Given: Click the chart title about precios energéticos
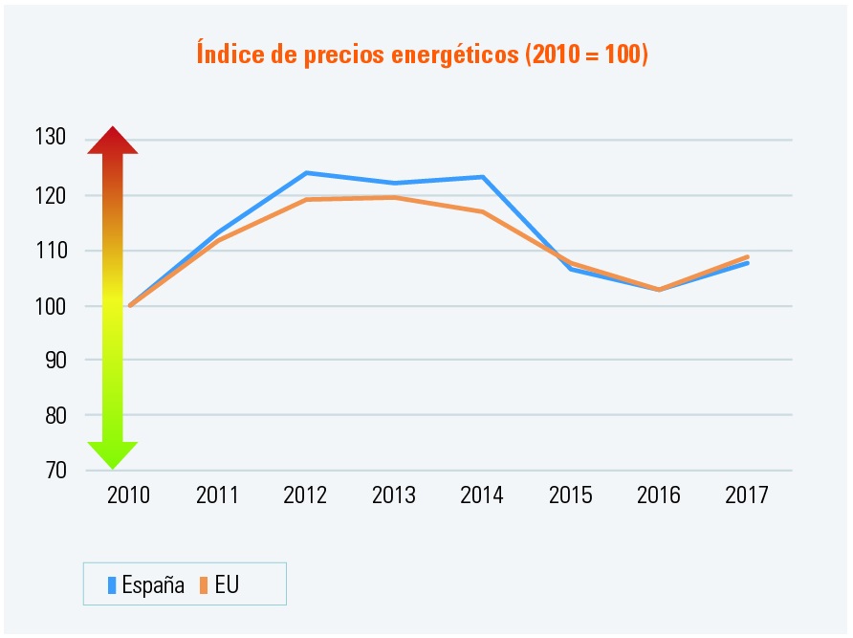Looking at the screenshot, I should click(x=422, y=54).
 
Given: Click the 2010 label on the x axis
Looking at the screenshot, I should click(x=128, y=495).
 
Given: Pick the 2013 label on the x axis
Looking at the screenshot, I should click(x=393, y=495).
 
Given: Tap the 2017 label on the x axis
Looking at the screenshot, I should click(x=747, y=495).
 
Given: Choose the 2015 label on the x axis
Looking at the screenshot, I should click(x=570, y=495).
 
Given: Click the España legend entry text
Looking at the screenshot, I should click(x=153, y=585).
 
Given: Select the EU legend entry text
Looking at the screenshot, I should click(x=227, y=585).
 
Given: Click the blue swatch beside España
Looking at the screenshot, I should click(x=112, y=585).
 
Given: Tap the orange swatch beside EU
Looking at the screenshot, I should click(x=205, y=585).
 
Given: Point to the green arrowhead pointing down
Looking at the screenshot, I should click(x=113, y=454).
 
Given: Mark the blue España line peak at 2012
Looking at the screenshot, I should click(x=306, y=173).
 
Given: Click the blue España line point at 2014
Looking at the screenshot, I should click(x=483, y=177).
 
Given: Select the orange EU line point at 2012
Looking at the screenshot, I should click(x=306, y=199).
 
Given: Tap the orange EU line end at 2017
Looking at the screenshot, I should click(x=747, y=256).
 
